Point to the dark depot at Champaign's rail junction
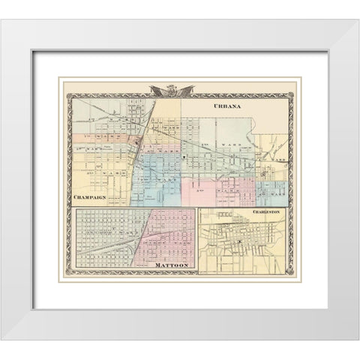(138, 141)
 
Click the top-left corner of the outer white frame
(21, 21)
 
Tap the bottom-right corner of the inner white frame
(328, 308)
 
